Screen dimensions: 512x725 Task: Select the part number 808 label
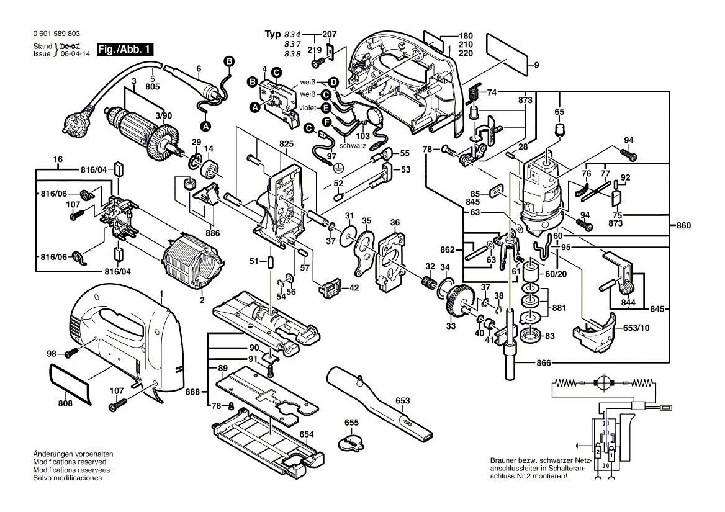(x=65, y=403)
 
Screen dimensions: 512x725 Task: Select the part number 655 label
(x=352, y=423)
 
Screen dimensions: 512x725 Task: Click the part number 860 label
(x=683, y=226)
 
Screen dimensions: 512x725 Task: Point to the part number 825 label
(x=286, y=143)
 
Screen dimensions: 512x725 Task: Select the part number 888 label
(x=193, y=392)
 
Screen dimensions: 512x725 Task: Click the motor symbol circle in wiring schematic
(x=603, y=382)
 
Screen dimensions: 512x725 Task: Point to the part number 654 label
(x=307, y=434)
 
